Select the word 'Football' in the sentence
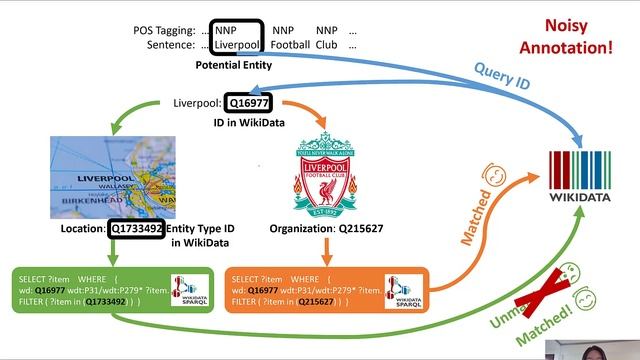coord(292,46)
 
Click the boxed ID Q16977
coord(244,103)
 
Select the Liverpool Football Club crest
coord(325,179)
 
